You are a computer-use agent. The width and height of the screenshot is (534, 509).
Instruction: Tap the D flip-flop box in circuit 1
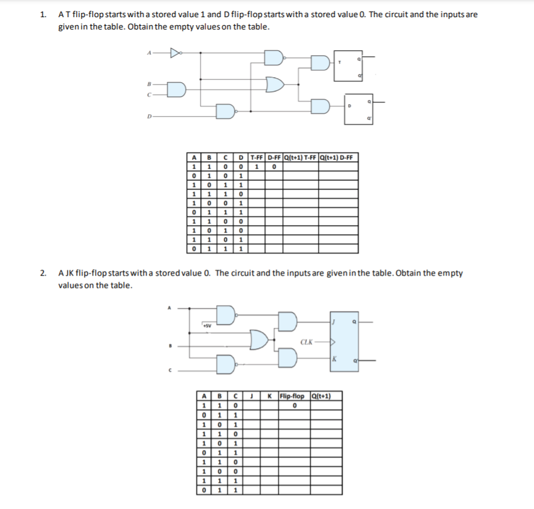(x=358, y=109)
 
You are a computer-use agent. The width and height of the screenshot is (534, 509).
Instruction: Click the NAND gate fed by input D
(x=225, y=111)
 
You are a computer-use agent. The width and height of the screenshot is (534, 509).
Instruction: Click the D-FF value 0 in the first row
(x=274, y=166)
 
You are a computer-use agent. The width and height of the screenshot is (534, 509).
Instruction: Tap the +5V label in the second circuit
(x=207, y=325)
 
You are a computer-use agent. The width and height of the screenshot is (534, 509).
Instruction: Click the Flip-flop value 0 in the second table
(x=295, y=405)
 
